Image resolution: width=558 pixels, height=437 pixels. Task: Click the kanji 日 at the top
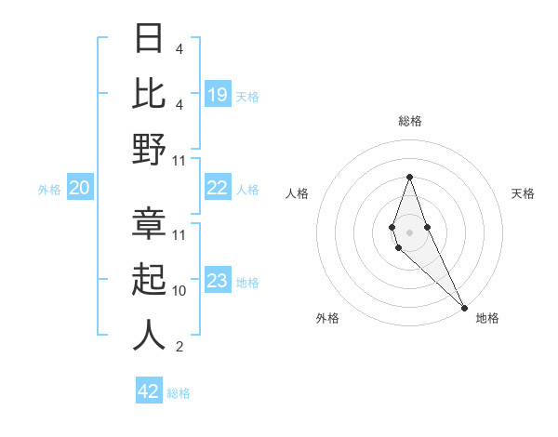coord(149,39)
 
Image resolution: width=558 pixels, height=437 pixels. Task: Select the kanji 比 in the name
coord(149,93)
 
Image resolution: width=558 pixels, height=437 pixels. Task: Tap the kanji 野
coord(149,150)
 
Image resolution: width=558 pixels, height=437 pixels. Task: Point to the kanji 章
coord(149,225)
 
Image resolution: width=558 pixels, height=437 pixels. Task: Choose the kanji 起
coord(149,280)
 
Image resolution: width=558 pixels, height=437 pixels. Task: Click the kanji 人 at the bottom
coord(149,336)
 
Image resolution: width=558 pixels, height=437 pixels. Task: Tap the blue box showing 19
coord(218,94)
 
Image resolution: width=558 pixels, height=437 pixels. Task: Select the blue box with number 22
coord(218,189)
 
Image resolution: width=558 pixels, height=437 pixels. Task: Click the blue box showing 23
coord(218,282)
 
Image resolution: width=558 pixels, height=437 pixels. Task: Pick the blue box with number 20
coord(79,189)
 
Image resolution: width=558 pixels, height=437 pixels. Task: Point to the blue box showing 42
coord(149,391)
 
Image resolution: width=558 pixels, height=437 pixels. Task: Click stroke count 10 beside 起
coord(179,291)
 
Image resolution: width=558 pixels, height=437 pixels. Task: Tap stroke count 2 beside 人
coord(179,347)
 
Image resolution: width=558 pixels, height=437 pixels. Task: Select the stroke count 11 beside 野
coord(179,160)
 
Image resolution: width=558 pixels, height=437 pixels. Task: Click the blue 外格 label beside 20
coord(49,190)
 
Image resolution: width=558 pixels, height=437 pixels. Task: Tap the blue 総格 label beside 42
coord(179,393)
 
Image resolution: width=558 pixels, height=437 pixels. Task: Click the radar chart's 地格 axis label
coord(487,318)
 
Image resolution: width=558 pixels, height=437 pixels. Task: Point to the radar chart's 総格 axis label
coord(409,121)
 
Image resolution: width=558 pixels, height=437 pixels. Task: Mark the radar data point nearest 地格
coord(464,307)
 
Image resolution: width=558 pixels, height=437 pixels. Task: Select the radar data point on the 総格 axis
coord(409,177)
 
